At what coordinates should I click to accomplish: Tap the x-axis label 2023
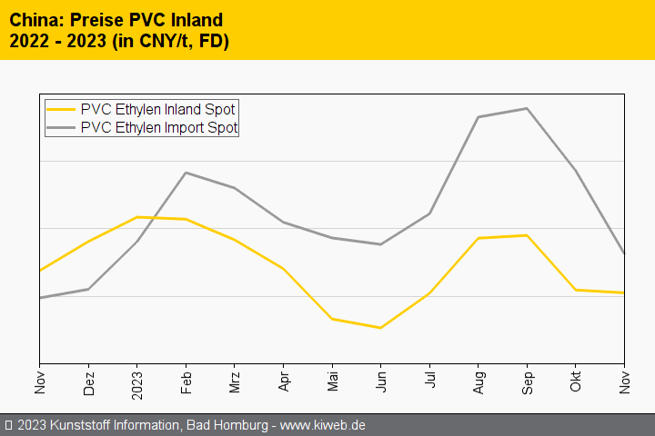(x=136, y=382)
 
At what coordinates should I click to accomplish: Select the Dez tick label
(x=88, y=382)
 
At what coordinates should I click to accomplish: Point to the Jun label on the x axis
(x=380, y=381)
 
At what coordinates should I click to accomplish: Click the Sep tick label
(x=527, y=381)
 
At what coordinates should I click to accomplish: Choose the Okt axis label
(x=575, y=381)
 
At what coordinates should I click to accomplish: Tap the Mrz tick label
(x=234, y=381)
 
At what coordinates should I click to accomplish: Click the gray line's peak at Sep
(x=527, y=108)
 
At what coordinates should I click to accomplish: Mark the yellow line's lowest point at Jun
(x=380, y=328)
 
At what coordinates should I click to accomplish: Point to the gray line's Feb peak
(x=186, y=173)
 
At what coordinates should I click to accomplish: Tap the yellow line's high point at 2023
(x=136, y=217)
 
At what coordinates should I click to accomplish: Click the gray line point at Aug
(x=478, y=117)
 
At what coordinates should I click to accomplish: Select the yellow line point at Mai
(x=331, y=319)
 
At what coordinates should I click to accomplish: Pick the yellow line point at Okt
(x=575, y=290)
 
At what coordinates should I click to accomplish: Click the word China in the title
(x=33, y=19)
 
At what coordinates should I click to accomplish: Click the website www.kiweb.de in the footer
(x=324, y=425)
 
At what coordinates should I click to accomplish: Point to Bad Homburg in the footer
(x=225, y=425)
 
